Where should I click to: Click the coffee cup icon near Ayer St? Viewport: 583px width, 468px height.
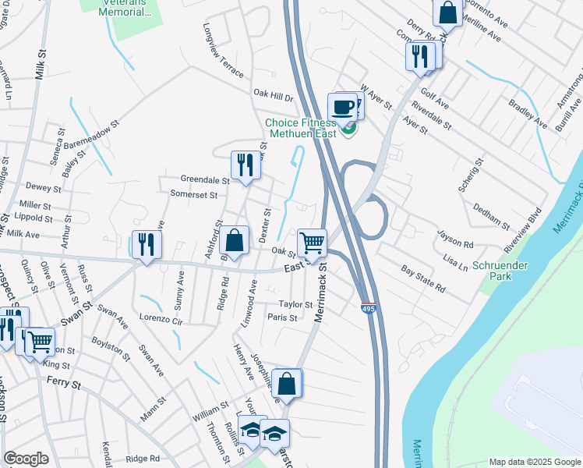(342, 107)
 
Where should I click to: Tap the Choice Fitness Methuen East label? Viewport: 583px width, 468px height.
(300, 128)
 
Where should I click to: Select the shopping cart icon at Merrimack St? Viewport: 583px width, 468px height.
(312, 242)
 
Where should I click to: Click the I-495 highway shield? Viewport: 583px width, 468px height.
(369, 309)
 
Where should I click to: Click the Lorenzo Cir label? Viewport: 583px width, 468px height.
(161, 320)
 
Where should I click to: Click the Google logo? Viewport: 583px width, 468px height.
(26, 459)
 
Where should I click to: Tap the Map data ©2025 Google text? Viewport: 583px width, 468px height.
(535, 462)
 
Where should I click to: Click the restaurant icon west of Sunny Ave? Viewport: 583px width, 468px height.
(146, 244)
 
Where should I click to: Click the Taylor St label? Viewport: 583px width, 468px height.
(295, 304)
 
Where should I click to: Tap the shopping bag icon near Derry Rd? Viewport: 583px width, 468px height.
(447, 13)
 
